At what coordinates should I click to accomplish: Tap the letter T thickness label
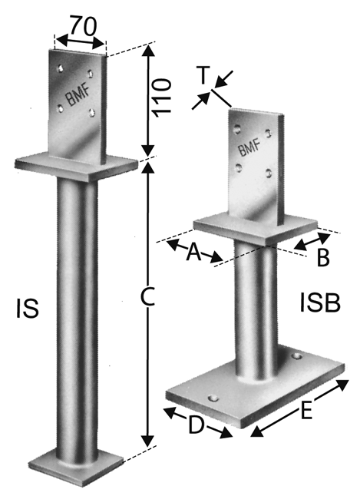click(203, 75)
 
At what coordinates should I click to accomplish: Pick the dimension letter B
click(322, 257)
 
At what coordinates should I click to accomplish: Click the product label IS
click(26, 309)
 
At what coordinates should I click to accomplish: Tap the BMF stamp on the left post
click(74, 97)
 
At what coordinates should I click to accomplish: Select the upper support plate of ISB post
click(254, 227)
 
